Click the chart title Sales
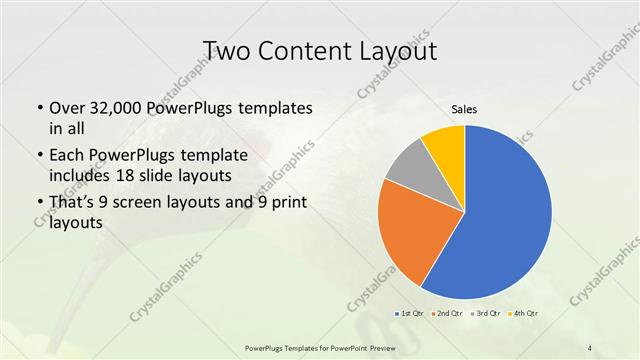coord(464,109)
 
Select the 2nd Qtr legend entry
coord(448,314)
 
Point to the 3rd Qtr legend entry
coord(487,314)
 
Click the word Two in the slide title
coord(226,50)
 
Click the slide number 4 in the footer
coord(590,347)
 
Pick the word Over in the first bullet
coord(67,108)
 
